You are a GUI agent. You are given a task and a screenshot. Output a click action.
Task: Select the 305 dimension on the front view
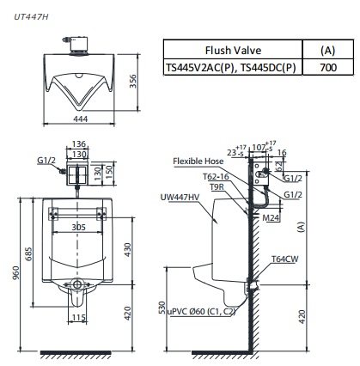77,227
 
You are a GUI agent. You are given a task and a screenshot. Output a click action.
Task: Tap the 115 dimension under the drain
77,319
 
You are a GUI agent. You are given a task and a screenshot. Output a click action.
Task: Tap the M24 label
271,218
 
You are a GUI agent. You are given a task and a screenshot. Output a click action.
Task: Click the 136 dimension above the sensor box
78,143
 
